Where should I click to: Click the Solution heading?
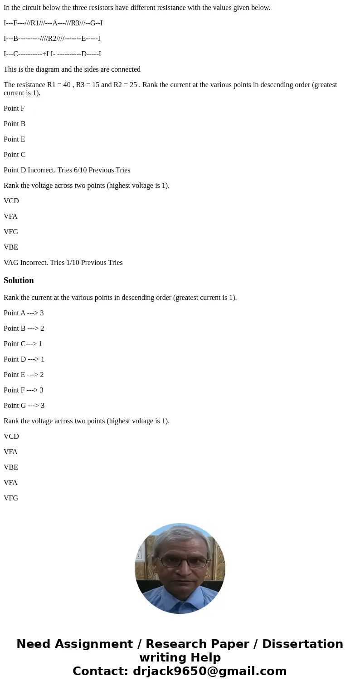pyautogui.click(x=19, y=280)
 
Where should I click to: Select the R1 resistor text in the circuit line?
pyautogui.click(x=35, y=23)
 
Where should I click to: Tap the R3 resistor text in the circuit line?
pyautogui.click(x=75, y=23)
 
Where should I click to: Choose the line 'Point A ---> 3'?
pyautogui.click(x=24, y=313)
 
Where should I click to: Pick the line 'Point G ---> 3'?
pyautogui.click(x=24, y=405)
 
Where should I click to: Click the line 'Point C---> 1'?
pyautogui.click(x=23, y=343)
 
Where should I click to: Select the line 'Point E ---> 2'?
pyautogui.click(x=24, y=374)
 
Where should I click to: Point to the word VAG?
pyautogui.click(x=11, y=262)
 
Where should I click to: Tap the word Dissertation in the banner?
pyautogui.click(x=302, y=644)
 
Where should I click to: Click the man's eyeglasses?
pyautogui.click(x=180, y=562)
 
